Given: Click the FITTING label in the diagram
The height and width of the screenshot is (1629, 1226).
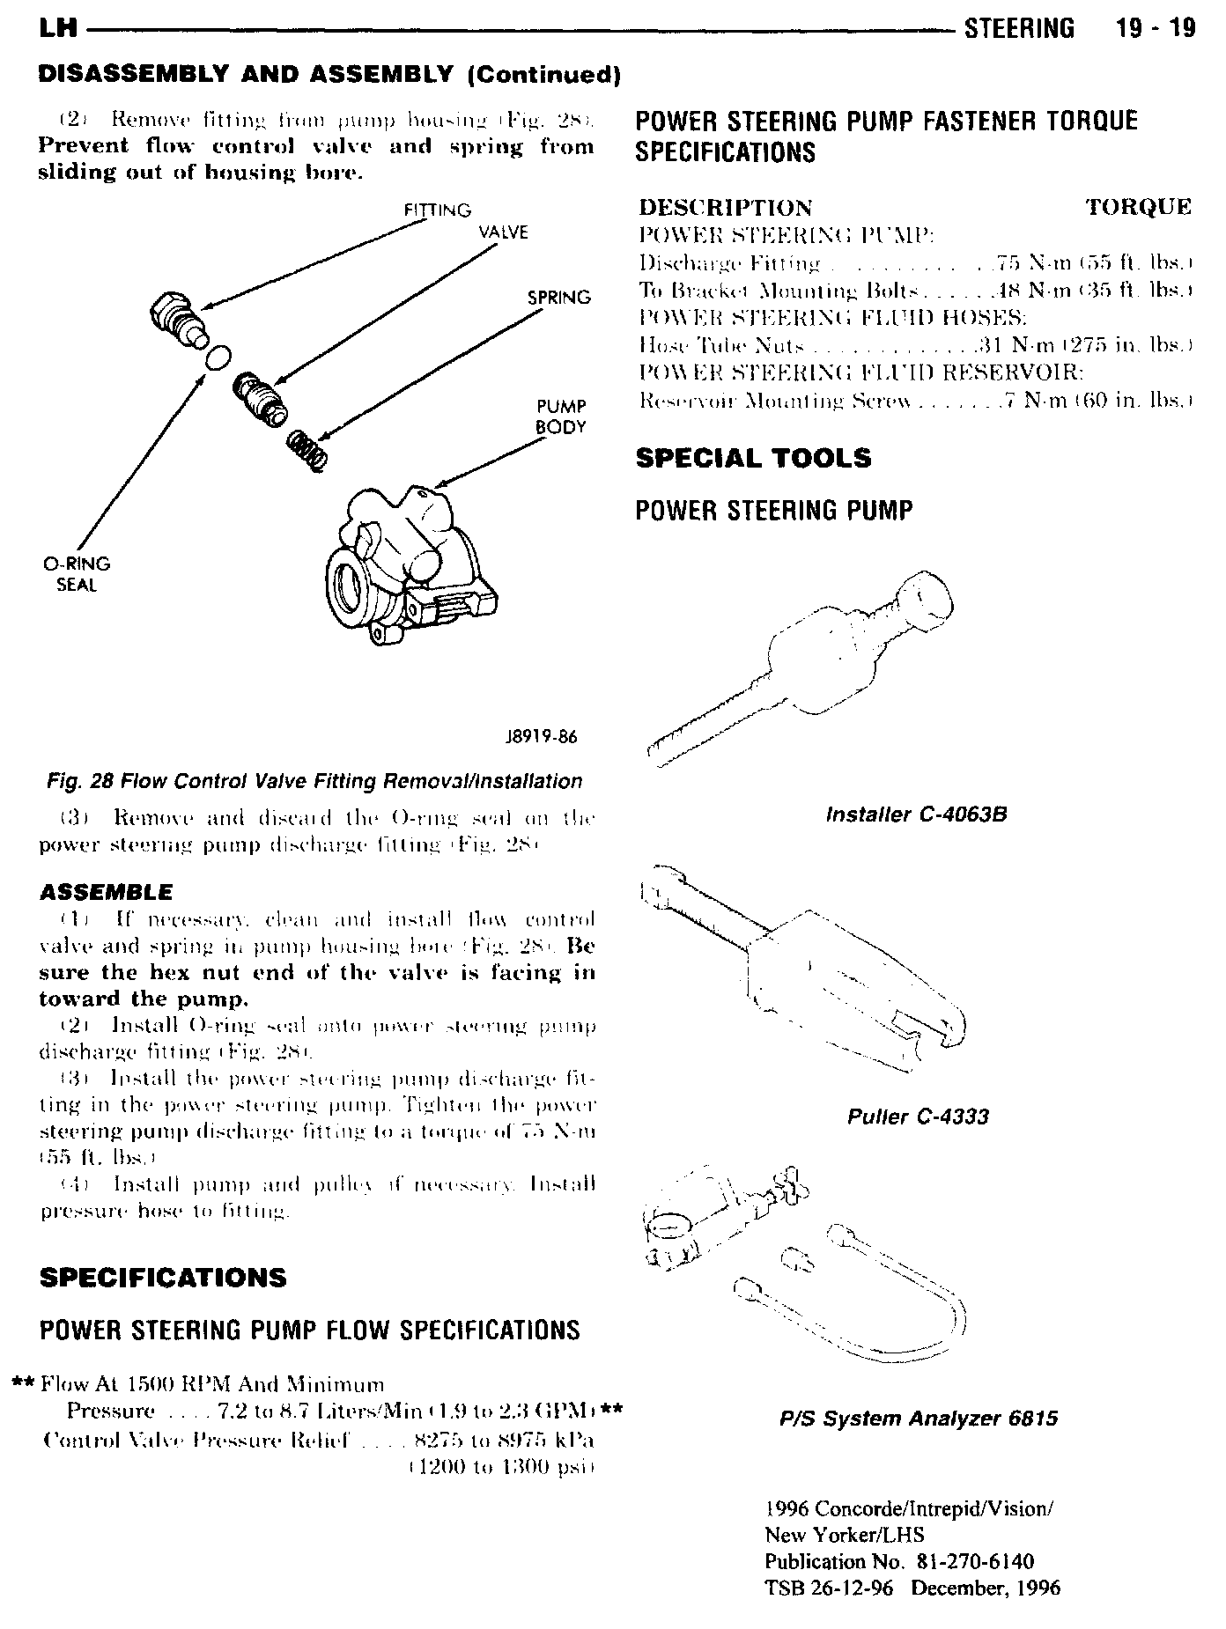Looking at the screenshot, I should [x=437, y=210].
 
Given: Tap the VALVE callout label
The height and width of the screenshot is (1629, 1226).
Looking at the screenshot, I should [x=503, y=232].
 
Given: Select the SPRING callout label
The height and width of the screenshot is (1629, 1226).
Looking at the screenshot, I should [x=558, y=298].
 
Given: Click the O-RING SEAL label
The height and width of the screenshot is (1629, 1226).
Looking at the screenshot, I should [x=77, y=574].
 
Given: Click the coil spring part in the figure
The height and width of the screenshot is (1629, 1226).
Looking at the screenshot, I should [x=309, y=448].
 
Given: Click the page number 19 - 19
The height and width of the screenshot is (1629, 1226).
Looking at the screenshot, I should [x=1154, y=28].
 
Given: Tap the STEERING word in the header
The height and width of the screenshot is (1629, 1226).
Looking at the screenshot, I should [x=1020, y=28].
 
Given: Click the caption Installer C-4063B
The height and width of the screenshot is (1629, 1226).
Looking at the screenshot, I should [x=916, y=814].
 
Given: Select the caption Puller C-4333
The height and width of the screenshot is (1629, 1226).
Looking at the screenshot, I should [x=918, y=1117].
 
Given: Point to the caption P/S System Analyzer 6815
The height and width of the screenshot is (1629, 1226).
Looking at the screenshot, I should [x=919, y=1419].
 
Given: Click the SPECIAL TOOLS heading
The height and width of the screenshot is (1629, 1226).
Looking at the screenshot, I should [x=753, y=458].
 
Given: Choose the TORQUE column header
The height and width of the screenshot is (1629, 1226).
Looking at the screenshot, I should [x=1138, y=208].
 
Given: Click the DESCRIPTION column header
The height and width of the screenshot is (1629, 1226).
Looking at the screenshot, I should [x=725, y=208].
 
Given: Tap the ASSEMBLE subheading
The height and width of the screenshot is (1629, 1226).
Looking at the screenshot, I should [x=107, y=893].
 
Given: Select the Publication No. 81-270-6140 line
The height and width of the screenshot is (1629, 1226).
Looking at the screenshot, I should [x=898, y=1561].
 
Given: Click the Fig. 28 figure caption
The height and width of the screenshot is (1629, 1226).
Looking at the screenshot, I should [x=314, y=781].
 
